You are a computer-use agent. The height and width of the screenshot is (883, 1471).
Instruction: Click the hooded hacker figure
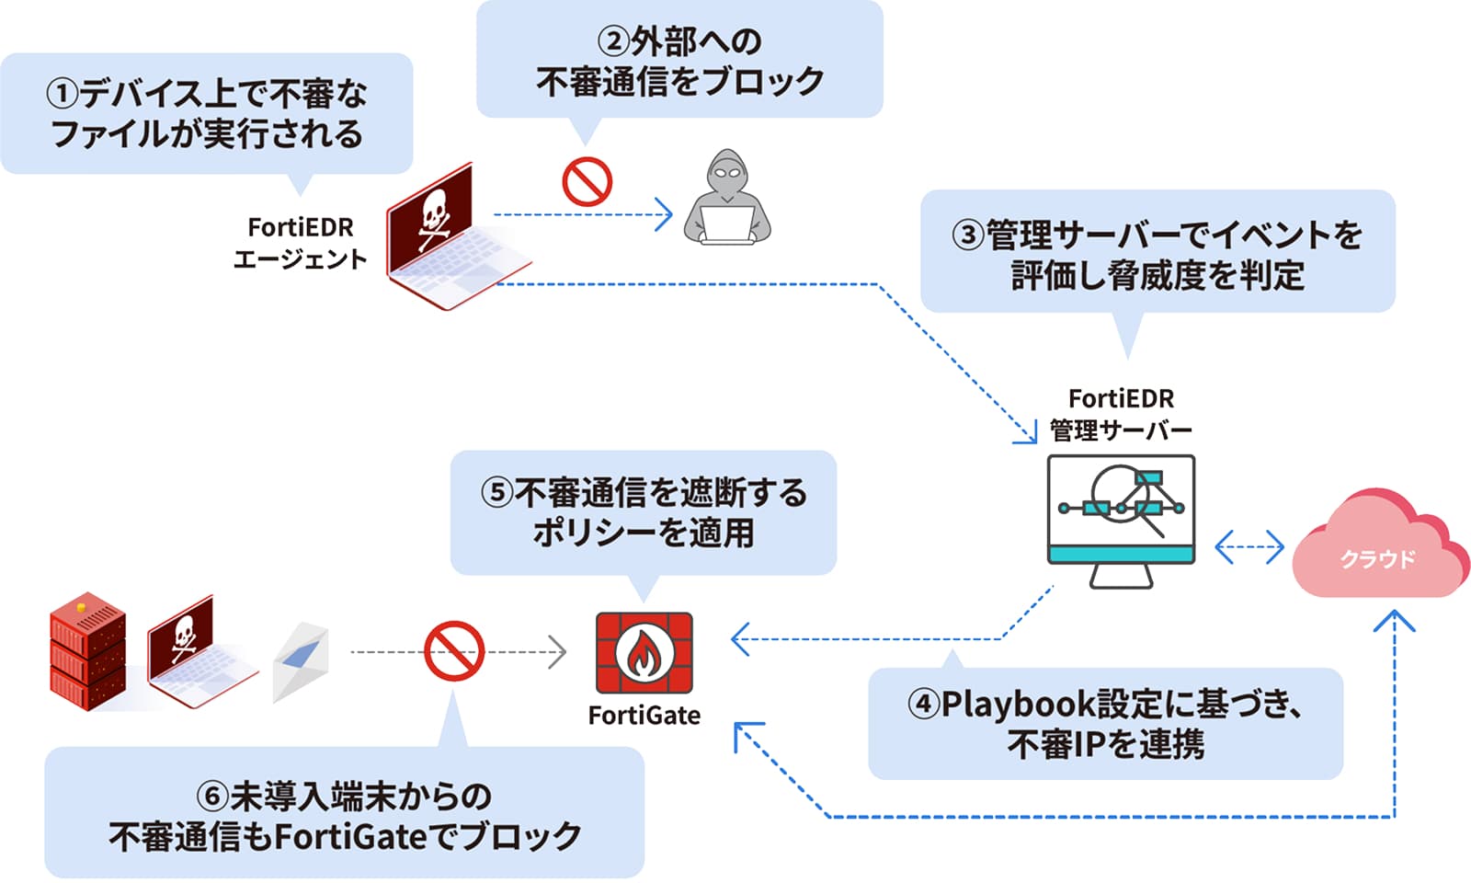click(x=727, y=197)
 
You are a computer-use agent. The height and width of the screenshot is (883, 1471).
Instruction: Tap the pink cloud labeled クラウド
click(x=1377, y=548)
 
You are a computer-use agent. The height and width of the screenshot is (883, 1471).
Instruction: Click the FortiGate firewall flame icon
click(x=644, y=653)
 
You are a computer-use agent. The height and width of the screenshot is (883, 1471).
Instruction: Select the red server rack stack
click(x=86, y=651)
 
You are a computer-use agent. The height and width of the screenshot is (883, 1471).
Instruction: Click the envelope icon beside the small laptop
click(x=302, y=659)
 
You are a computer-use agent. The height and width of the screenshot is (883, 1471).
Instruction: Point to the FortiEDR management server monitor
click(x=1121, y=510)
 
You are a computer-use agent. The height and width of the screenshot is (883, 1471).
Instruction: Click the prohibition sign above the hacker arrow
click(x=587, y=180)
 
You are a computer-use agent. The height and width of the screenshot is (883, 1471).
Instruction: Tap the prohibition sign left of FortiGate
click(x=454, y=650)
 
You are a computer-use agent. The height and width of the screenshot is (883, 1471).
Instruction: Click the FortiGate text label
click(x=644, y=716)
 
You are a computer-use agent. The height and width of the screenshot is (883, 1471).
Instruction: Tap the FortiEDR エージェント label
click(x=300, y=243)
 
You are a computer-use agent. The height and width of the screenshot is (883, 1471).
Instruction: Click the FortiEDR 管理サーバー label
click(x=1121, y=414)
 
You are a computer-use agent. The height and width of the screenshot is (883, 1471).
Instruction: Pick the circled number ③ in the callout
click(x=968, y=235)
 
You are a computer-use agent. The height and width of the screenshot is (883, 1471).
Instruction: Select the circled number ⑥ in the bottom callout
click(x=212, y=797)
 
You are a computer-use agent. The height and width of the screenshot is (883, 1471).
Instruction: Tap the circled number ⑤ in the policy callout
click(x=496, y=493)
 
